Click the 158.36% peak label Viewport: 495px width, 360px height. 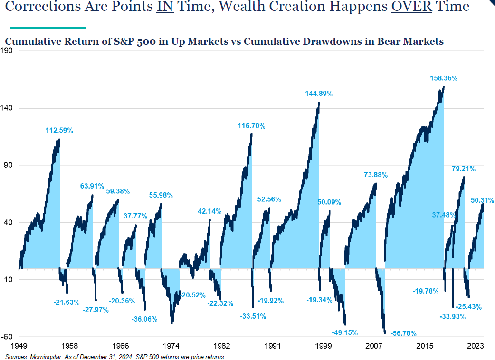(x=444, y=78)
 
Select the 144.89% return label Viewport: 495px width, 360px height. (x=319, y=94)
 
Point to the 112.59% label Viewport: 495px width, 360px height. (x=59, y=130)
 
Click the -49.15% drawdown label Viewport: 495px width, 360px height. (x=344, y=332)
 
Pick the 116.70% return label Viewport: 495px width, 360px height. (x=251, y=126)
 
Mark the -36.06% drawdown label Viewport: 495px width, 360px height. (x=144, y=319)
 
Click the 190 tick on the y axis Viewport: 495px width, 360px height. (x=10, y=51)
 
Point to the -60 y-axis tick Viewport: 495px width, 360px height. (x=10, y=337)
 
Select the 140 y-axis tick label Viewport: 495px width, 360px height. (x=10, y=108)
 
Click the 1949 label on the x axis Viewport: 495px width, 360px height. (x=18, y=346)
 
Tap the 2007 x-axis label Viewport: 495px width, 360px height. (x=374, y=346)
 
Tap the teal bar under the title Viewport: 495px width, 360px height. (x=48, y=28)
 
